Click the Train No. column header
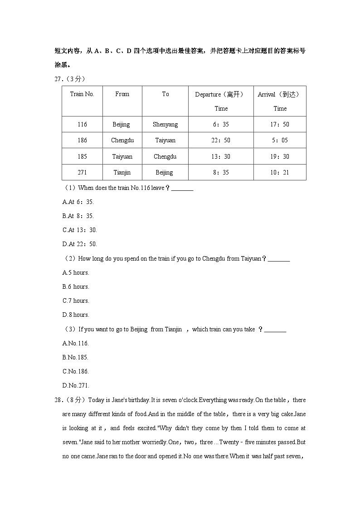82,94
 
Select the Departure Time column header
220,101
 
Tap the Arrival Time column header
279,101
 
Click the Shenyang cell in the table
165,124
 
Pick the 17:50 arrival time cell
280,124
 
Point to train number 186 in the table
82,141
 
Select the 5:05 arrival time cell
280,141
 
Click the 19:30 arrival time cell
280,156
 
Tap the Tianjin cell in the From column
122,173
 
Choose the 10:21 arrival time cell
280,173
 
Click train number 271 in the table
82,173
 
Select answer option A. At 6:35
78,202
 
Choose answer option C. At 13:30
79,230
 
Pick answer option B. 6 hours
76,287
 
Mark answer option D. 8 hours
76,315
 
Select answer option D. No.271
75,386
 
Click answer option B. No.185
75,358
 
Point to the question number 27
58,79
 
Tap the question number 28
58,400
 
